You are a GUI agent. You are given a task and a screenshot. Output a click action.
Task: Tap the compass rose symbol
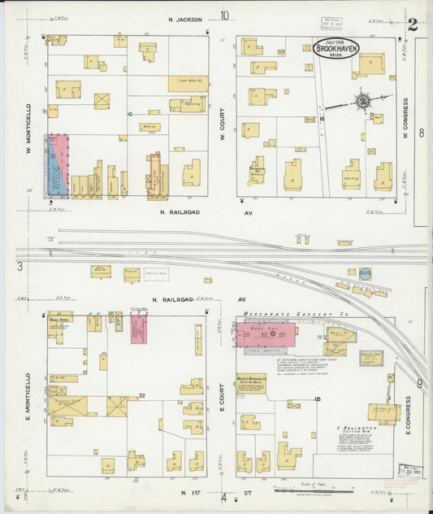[x=362, y=101]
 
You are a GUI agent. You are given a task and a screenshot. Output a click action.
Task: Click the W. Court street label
[x=222, y=124]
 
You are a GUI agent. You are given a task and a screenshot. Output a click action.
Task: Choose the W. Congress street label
[x=406, y=119]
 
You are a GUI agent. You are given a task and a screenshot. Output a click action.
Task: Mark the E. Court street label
[x=221, y=396]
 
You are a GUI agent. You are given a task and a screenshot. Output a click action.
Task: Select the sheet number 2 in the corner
[x=413, y=24]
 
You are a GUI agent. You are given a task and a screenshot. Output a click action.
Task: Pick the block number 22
[x=141, y=395]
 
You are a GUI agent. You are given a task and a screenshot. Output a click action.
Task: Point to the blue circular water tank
[x=365, y=274]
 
